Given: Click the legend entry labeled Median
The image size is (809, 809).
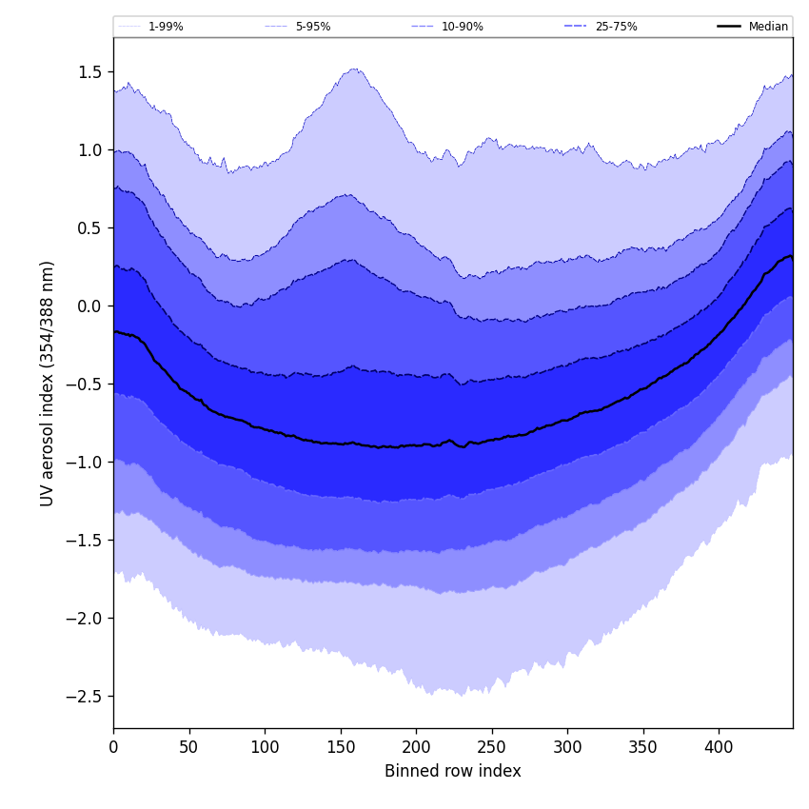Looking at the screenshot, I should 768,27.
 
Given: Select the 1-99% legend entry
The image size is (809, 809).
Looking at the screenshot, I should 166,27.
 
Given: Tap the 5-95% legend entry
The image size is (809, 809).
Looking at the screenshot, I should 312,27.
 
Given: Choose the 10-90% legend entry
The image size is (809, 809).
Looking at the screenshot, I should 462,27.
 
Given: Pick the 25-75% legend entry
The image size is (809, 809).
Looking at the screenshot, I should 616,27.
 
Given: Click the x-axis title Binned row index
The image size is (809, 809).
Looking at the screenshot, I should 453,771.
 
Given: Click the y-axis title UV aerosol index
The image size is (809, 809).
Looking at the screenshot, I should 48,383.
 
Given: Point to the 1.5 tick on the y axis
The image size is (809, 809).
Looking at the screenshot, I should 90,71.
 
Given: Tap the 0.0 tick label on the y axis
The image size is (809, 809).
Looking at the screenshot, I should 90,306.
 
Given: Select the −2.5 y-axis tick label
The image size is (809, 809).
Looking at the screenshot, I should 86,696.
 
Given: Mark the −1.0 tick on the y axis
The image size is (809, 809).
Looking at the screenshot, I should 86,462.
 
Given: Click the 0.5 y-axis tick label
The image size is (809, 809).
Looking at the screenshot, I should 90,227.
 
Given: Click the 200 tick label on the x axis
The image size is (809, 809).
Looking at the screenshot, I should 416,747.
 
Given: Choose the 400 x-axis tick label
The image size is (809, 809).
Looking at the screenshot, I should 719,747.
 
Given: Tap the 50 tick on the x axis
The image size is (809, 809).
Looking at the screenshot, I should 189,747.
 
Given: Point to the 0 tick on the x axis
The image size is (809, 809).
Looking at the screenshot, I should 113,747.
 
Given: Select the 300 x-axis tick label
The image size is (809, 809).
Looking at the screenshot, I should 567,747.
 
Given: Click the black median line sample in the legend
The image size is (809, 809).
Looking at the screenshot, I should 730,27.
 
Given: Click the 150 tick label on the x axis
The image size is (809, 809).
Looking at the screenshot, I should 341,747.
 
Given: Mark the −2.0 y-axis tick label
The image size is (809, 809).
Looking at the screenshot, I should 86,618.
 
